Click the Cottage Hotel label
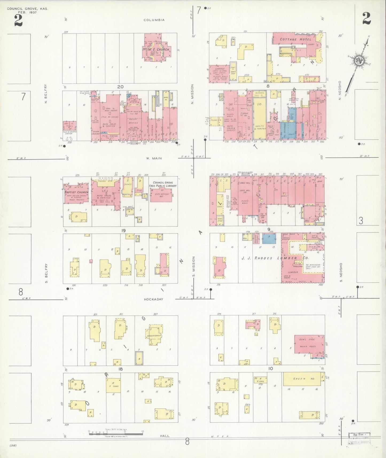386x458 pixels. [292, 39]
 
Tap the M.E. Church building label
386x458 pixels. [159, 49]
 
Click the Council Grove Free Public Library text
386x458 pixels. [163, 184]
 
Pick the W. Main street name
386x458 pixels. [154, 158]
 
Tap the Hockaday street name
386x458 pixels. [153, 299]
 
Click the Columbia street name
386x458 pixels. [154, 20]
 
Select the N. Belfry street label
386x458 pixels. [46, 94]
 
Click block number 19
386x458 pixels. [123, 230]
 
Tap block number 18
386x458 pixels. [120, 369]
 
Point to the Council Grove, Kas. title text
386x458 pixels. [28, 9]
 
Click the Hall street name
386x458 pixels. [165, 436]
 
